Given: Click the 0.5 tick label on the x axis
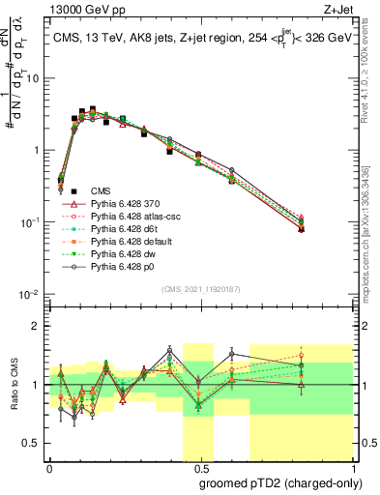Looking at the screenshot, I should (198, 465).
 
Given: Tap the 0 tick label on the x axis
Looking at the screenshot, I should (49, 465).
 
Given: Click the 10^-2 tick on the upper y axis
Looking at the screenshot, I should (31, 294).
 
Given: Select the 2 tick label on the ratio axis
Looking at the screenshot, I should (38, 326).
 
